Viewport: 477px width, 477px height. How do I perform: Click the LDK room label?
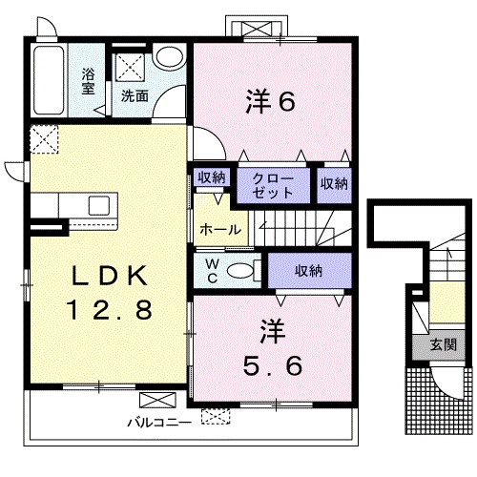[x=109, y=276]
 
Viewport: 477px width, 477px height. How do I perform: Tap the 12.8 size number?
[x=109, y=310]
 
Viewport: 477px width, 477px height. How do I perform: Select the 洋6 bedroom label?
[x=270, y=101]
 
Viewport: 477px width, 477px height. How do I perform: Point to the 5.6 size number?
[x=273, y=365]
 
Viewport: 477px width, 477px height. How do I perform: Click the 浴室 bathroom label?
[x=88, y=81]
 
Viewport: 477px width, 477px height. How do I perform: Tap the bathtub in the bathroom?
[x=49, y=80]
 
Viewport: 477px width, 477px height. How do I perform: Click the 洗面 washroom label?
[x=135, y=95]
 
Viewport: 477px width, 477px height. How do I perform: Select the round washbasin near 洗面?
[x=170, y=56]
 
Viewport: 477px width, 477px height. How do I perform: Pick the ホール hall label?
[x=220, y=229]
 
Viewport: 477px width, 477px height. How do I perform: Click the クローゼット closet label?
[x=273, y=186]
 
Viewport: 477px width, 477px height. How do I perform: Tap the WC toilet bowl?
[x=240, y=271]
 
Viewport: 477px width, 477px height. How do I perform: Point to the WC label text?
[x=213, y=271]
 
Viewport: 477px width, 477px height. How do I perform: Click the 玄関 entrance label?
[x=444, y=344]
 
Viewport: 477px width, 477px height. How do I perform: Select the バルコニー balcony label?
[x=159, y=423]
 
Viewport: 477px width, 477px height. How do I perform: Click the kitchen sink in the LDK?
[x=99, y=205]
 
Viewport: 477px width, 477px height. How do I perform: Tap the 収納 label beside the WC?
[x=308, y=271]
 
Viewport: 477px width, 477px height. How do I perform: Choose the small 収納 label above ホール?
[x=212, y=177]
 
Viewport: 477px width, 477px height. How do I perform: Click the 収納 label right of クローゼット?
[x=334, y=183]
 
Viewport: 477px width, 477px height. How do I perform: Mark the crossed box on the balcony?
[x=157, y=400]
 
